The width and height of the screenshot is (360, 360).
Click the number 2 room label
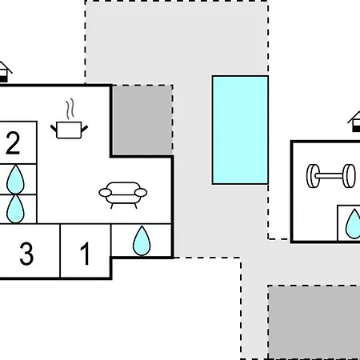pyautogui.click(x=13, y=143)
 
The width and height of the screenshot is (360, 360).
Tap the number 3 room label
pyautogui.click(x=26, y=254)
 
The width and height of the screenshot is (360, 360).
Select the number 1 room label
pyautogui.click(x=85, y=254)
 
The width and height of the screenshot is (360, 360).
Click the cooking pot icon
pyautogui.click(x=69, y=130)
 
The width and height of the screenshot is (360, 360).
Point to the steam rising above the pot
pyautogui.click(x=70, y=109)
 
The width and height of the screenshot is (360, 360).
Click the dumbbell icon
pyautogui.click(x=331, y=176)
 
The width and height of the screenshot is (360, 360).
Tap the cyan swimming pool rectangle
pyautogui.click(x=240, y=130)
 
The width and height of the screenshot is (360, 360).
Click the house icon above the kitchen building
pyautogui.click(x=4, y=71)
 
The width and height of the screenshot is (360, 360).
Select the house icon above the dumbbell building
pyautogui.click(x=354, y=122)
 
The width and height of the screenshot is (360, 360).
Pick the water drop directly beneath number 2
pyautogui.click(x=15, y=179)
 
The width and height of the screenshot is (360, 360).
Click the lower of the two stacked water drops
pyautogui.click(x=15, y=209)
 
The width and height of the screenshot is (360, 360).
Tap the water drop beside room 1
pyautogui.click(x=142, y=241)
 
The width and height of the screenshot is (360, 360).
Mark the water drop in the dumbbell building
pyautogui.click(x=354, y=224)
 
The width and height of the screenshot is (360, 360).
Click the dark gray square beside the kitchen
pyautogui.click(x=142, y=120)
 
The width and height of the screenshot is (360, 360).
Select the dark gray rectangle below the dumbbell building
pyautogui.click(x=314, y=322)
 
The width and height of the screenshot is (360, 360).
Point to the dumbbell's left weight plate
pyautogui.click(x=313, y=176)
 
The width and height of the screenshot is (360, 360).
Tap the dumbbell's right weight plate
pyautogui.click(x=349, y=176)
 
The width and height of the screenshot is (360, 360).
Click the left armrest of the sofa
pyautogui.click(x=105, y=192)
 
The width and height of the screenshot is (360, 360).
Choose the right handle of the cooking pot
pyautogui.click(x=84, y=129)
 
